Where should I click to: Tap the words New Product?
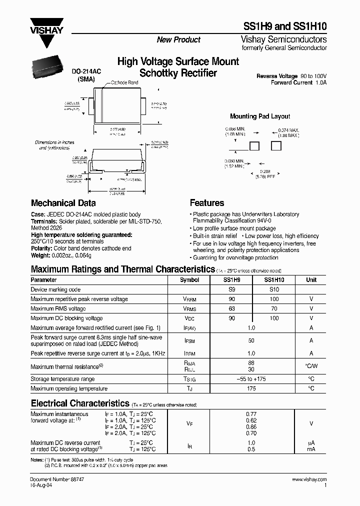click(178, 39)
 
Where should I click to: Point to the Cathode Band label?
click(124, 82)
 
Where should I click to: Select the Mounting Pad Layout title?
click(260, 116)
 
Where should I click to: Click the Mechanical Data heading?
click(63, 203)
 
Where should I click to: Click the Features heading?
click(207, 203)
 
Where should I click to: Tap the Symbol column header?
click(189, 280)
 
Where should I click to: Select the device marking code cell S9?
click(232, 289)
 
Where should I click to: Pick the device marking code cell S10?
click(274, 289)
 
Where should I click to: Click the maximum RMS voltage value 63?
click(232, 308)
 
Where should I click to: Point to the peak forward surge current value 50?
click(251, 340)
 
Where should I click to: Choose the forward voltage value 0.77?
click(251, 414)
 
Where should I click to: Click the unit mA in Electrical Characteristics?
click(311, 449)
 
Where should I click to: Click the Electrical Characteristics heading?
click(80, 403)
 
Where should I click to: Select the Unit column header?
click(311, 280)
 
